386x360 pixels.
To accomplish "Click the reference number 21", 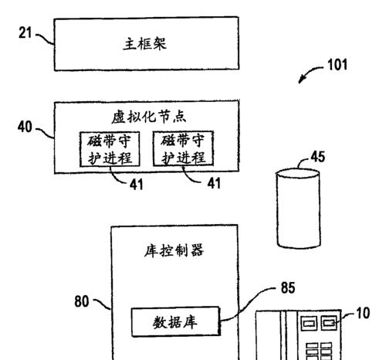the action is [x=25, y=33].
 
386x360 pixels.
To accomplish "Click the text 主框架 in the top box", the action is [x=145, y=43].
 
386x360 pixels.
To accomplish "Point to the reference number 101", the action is [x=337, y=65].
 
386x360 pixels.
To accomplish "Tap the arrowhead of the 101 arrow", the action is [x=300, y=80].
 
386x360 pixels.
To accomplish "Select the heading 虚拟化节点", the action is [x=149, y=117].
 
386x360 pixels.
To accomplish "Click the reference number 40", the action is [x=25, y=127].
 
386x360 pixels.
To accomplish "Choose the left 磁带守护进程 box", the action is [x=110, y=149].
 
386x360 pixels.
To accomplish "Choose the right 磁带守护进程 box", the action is [x=183, y=148].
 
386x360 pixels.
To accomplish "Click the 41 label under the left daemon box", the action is [x=136, y=185].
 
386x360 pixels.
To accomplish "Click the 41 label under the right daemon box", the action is [x=214, y=183].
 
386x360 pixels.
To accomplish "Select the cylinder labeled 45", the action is [x=299, y=209].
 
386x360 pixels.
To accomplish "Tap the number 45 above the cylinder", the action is [x=318, y=157].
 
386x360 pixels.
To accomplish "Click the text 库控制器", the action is [x=174, y=250].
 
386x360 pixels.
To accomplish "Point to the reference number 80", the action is [x=82, y=301].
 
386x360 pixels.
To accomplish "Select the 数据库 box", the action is [x=175, y=321].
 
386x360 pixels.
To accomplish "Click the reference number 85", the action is [x=288, y=287].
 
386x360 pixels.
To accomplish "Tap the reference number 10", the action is [x=363, y=313].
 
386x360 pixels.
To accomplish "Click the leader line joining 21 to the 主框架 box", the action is [x=45, y=39].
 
